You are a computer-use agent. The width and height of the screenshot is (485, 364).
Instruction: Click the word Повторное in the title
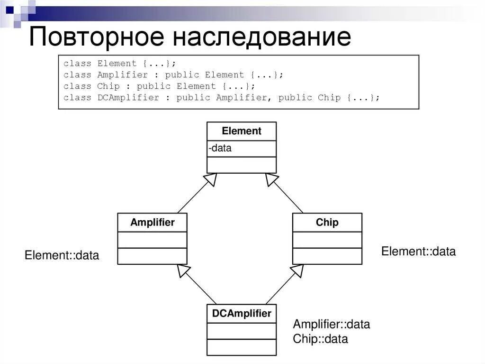pos(97,37)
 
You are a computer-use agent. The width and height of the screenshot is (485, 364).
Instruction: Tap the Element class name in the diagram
pos(242,131)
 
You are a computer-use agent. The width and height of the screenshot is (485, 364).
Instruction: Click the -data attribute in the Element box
pos(220,148)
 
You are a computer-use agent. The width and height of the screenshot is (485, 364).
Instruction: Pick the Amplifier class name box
pos(152,223)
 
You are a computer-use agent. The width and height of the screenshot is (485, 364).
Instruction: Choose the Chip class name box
pos(327,223)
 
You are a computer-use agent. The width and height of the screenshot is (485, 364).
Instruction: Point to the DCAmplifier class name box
pos(242,314)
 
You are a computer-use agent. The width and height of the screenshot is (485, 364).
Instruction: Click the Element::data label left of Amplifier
pos(62,255)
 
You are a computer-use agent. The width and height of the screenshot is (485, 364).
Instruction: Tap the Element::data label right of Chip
pos(418,252)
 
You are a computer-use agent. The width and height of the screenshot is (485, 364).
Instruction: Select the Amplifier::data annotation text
pos(331,325)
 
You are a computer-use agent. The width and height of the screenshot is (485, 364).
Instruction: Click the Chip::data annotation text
pos(320,339)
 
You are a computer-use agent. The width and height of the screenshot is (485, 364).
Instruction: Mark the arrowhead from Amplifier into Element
pos(211,179)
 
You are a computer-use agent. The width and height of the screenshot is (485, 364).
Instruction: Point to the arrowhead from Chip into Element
pos(272,179)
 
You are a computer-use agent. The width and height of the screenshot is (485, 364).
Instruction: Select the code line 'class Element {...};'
pos(119,63)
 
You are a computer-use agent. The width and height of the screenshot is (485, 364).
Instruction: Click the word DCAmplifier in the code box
pos(128,98)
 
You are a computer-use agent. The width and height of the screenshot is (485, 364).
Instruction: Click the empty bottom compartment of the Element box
pos(242,165)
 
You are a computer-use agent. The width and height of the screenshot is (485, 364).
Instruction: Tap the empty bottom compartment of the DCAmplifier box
pos(242,347)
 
